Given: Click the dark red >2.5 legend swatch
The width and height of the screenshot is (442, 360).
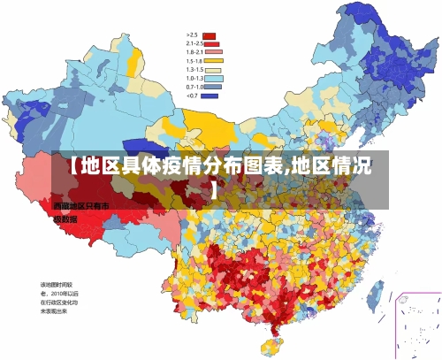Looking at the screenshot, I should (x=210, y=36).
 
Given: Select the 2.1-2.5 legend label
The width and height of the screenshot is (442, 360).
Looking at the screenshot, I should (x=194, y=43).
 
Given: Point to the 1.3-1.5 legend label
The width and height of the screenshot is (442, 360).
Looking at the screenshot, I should (x=194, y=69).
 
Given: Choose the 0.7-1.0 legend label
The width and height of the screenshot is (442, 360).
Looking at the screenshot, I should (x=194, y=87).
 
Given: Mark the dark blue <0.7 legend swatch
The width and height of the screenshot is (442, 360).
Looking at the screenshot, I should (x=210, y=95).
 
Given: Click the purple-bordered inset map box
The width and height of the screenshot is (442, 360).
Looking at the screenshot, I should (x=417, y=324).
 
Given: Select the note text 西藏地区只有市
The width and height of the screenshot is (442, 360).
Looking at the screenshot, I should (x=80, y=206).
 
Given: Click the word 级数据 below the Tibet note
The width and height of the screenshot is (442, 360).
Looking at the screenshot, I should (x=65, y=218).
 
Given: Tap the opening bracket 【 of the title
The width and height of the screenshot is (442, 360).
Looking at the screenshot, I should (x=72, y=166).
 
